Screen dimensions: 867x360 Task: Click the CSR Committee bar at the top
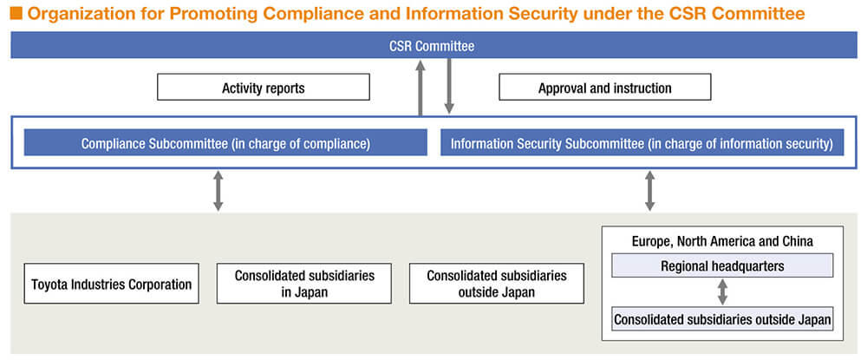[x=433, y=45]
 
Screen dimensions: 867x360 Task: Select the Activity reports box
[x=264, y=88]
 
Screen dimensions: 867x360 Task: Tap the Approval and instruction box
[x=605, y=88]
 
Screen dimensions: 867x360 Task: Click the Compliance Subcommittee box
[x=225, y=142]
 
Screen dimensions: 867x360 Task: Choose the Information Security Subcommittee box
[x=642, y=142]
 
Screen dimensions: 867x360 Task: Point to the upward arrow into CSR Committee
[x=420, y=88]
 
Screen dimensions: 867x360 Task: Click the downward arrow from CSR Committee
[x=449, y=86]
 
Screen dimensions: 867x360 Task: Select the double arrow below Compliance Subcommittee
[x=218, y=191]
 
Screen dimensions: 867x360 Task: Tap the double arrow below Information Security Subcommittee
[x=649, y=191]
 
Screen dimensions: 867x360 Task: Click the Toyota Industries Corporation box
[x=111, y=284]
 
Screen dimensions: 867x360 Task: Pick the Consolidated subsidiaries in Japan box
[x=304, y=284]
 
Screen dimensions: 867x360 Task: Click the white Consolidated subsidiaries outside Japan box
[x=497, y=284]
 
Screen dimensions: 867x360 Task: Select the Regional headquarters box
[x=722, y=265]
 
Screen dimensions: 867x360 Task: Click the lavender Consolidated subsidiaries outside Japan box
[x=722, y=319]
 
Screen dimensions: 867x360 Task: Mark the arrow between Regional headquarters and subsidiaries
[x=722, y=292]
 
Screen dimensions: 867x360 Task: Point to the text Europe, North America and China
[x=722, y=241]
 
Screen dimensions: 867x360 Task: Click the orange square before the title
[x=16, y=13]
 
